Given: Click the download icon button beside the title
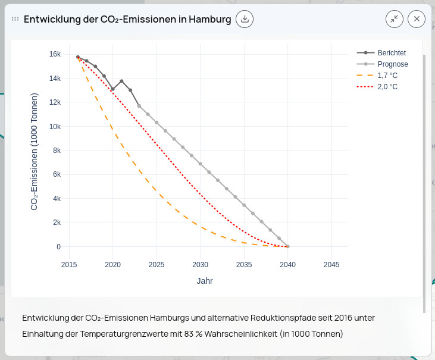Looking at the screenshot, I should pyautogui.click(x=245, y=19).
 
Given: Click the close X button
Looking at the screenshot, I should pyautogui.click(x=417, y=19).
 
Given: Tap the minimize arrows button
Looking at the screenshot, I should pyautogui.click(x=395, y=19).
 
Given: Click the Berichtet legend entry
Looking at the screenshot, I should pyautogui.click(x=391, y=53).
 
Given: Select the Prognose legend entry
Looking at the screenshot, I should pyautogui.click(x=392, y=64).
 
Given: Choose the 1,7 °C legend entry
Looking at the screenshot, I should pyautogui.click(x=387, y=76).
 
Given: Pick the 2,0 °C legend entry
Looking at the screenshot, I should pyautogui.click(x=387, y=87).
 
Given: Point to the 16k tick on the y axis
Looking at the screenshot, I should pyautogui.click(x=55, y=54).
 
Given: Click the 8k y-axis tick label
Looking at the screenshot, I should pyautogui.click(x=57, y=151).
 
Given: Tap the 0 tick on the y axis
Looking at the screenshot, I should pyautogui.click(x=58, y=247).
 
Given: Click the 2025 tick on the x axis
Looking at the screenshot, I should pyautogui.click(x=157, y=265).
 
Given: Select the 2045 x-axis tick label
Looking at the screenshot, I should pyautogui.click(x=331, y=265).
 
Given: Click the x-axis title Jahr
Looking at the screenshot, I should pyautogui.click(x=205, y=281).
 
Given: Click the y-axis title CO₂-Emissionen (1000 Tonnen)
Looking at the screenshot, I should pyautogui.click(x=35, y=151).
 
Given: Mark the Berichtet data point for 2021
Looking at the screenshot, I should pyautogui.click(x=121, y=81).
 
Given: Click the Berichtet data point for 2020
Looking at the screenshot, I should pyautogui.click(x=112, y=89).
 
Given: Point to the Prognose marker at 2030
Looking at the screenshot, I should pyautogui.click(x=201, y=164).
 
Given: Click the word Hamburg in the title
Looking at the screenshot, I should pyautogui.click(x=209, y=19).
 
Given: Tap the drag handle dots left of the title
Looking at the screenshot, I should pyautogui.click(x=15, y=19).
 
